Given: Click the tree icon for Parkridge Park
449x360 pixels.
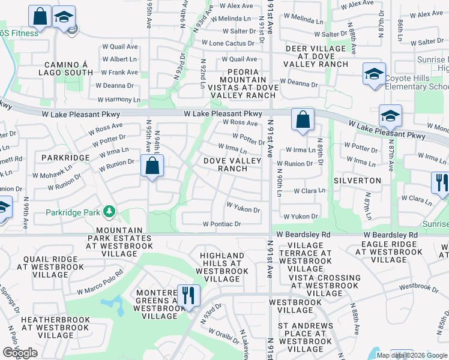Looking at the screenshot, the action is (109, 212).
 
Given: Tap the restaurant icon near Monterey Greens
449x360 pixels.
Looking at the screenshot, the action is (188, 295).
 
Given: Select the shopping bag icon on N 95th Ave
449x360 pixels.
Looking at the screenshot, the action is (152, 166).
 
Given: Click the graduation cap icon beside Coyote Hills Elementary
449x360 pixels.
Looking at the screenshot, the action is (373, 76).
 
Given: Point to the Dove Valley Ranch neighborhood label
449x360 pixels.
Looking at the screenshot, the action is (232, 165).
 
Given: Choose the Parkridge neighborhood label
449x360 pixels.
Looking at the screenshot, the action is (66, 157).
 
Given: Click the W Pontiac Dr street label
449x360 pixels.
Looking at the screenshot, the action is (221, 224).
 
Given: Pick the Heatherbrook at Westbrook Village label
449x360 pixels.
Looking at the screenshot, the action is (55, 328).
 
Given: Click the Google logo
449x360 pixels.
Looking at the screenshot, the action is (20, 353).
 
